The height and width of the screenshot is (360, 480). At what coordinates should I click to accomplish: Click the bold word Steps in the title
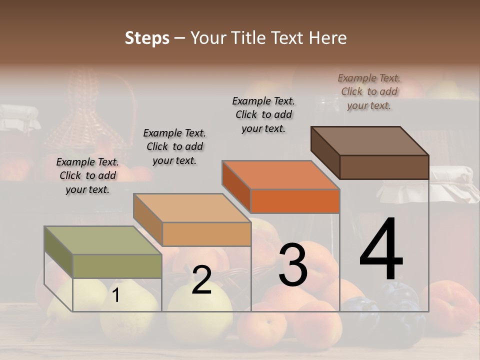pyautogui.click(x=147, y=38)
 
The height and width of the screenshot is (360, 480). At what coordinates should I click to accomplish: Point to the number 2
pyautogui.click(x=201, y=280)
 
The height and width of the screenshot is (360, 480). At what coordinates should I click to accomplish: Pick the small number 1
pyautogui.click(x=115, y=295)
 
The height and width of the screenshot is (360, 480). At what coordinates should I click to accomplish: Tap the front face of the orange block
pyautogui.click(x=295, y=201)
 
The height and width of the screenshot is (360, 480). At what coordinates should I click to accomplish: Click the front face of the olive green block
pyautogui.click(x=117, y=266)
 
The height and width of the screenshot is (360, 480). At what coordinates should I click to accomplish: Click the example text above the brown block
pyautogui.click(x=369, y=91)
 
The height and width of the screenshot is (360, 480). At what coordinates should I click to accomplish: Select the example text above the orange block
pyautogui.click(x=263, y=114)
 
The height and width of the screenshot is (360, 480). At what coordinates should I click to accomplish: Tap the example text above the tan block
pyautogui.click(x=174, y=146)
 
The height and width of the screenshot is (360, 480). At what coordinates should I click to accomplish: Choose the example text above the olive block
pyautogui.click(x=87, y=175)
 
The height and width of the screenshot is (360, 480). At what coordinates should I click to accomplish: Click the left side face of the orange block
pyautogui.click(x=236, y=186)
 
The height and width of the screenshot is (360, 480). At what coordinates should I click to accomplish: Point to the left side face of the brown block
pyautogui.click(x=325, y=152)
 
